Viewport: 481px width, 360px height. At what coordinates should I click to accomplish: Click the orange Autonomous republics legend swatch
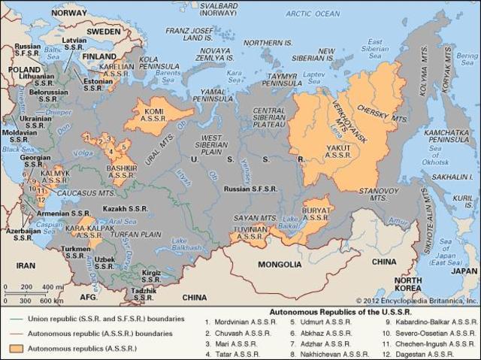coord(15,349)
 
